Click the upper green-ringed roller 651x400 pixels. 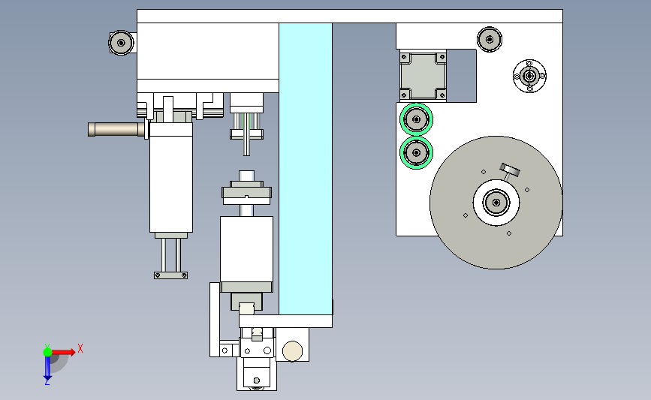[x=416, y=118]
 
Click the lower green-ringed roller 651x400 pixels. [x=416, y=152]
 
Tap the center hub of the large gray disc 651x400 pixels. [x=496, y=202]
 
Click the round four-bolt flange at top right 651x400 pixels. [x=529, y=75]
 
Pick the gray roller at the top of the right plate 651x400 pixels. [x=490, y=39]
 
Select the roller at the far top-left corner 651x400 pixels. [x=120, y=43]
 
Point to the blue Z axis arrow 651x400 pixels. [x=47, y=368]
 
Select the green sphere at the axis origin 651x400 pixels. [x=47, y=351]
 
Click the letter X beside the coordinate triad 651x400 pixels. [x=80, y=348]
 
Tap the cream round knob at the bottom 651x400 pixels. [x=292, y=350]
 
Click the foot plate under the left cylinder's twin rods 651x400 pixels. [x=170, y=275]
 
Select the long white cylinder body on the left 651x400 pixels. [x=171, y=180]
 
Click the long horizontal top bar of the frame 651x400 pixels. [x=349, y=16]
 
